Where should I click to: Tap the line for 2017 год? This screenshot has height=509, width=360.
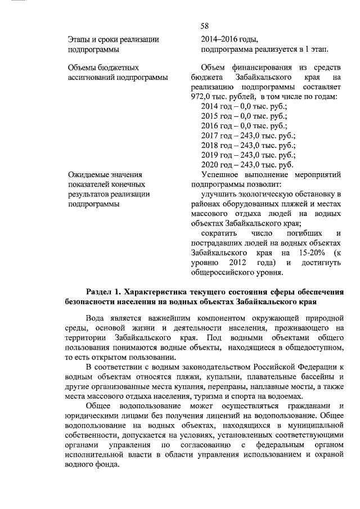click(247, 135)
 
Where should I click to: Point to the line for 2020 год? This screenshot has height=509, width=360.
click(247, 164)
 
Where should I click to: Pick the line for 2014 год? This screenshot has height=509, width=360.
click(244, 106)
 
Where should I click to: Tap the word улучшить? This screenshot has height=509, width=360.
click(218, 194)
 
